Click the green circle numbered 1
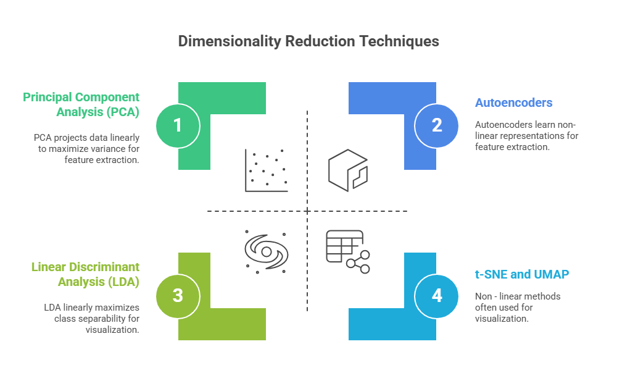tap(178, 125)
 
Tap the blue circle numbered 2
tap(437, 125)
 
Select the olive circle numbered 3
tap(178, 296)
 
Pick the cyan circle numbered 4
tap(437, 296)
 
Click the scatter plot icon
tap(267, 170)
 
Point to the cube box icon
tap(348, 170)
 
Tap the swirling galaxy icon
tap(267, 250)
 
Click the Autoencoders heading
tap(513, 103)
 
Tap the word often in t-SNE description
tap(486, 308)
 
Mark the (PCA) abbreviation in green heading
tap(123, 112)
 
